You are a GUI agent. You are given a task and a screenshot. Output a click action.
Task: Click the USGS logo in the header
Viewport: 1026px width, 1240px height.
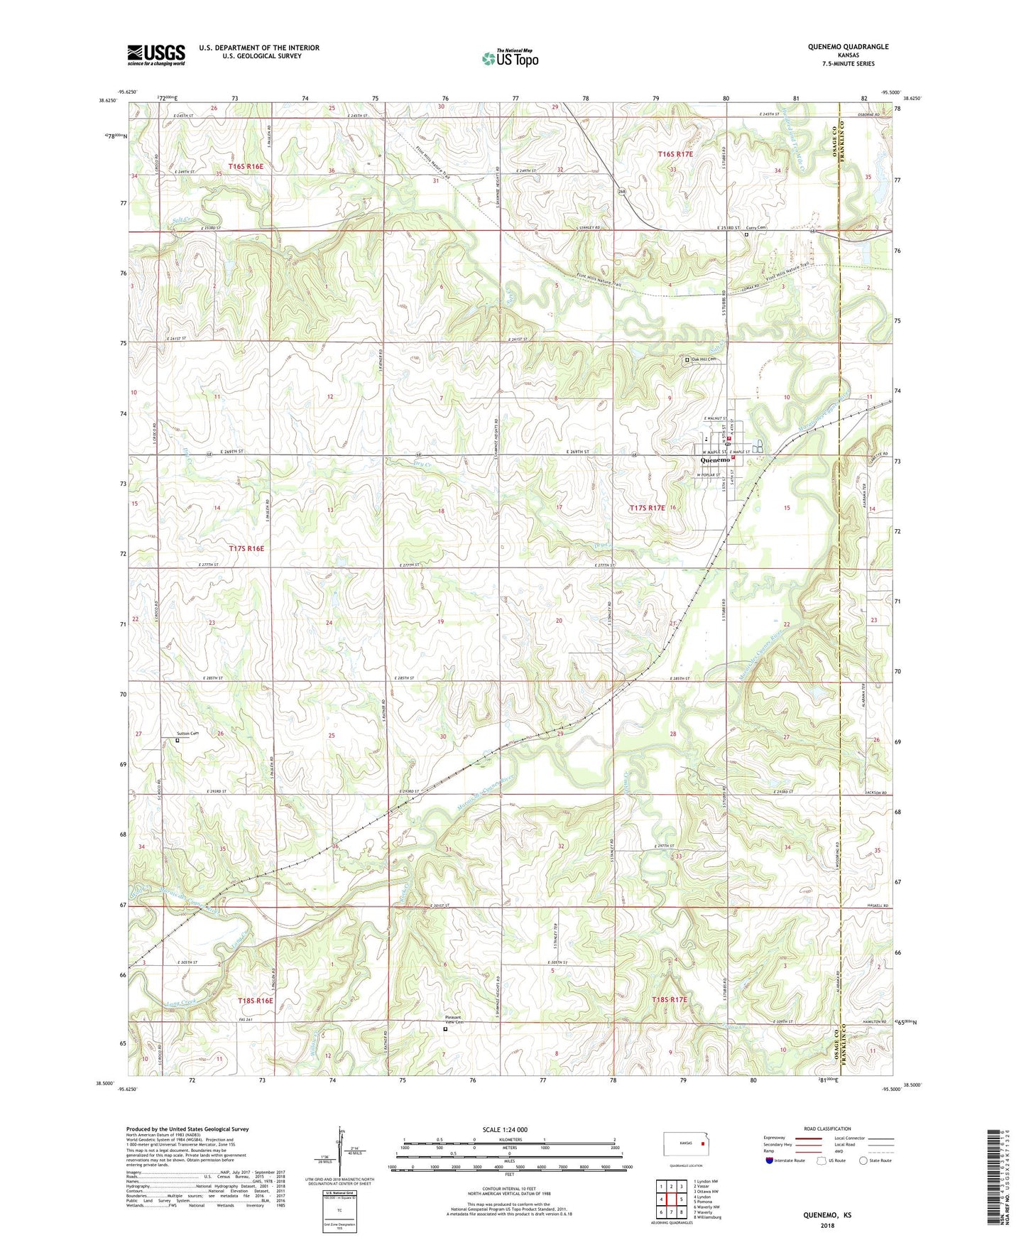click(155, 55)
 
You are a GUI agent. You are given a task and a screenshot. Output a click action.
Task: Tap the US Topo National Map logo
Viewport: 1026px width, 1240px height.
click(510, 58)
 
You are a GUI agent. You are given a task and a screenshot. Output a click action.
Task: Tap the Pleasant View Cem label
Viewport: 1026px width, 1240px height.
click(453, 1019)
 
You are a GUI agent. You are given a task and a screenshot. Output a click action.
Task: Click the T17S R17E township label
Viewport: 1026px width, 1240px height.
click(647, 508)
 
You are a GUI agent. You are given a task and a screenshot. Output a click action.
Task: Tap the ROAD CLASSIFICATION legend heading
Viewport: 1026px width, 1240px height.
click(828, 1128)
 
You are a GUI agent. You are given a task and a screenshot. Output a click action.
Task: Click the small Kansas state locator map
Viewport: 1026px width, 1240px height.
click(685, 1144)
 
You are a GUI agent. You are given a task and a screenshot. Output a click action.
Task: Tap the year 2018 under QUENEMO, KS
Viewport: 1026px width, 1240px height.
click(827, 1225)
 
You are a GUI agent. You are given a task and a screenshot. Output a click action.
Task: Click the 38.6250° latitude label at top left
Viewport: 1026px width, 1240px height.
click(109, 100)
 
